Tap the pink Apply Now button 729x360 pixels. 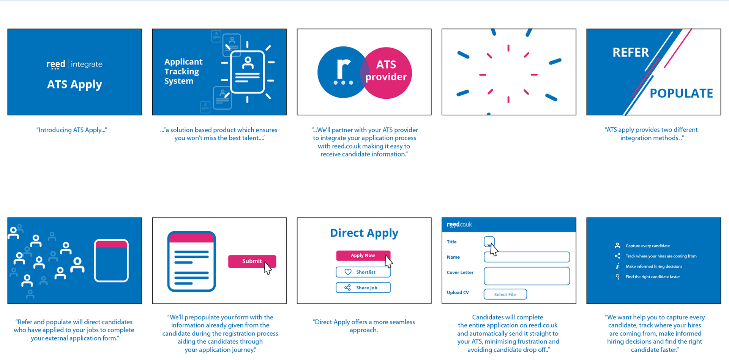(363, 256)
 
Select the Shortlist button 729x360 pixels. (363, 272)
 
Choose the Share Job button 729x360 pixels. (363, 287)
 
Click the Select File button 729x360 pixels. (505, 294)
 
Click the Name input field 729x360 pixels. (527, 257)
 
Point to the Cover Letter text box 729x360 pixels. (527, 276)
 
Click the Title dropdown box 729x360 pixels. (489, 241)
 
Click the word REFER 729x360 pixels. (631, 52)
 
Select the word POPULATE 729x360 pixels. (681, 93)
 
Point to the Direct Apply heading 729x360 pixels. (364, 233)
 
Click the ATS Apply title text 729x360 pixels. (74, 84)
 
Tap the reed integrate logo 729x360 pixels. (74, 64)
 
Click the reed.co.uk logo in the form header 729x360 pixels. (459, 224)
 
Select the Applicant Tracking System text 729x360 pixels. (183, 71)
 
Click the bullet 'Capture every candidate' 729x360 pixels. (647, 246)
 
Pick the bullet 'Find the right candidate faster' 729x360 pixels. (652, 277)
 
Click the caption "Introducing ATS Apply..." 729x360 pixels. (72, 130)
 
